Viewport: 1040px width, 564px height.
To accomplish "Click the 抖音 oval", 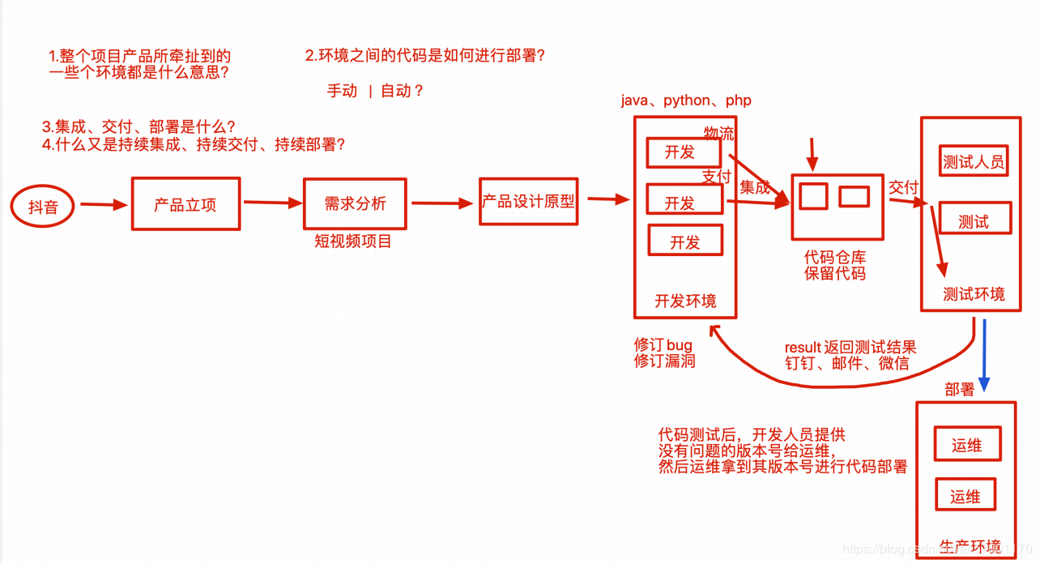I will (43, 207).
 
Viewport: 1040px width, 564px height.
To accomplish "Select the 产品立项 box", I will (185, 204).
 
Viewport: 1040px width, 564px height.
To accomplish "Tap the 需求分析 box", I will (355, 203).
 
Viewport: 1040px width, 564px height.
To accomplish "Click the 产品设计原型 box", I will (528, 200).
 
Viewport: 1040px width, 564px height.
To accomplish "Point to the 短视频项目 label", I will (352, 241).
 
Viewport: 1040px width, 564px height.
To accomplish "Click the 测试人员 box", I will (973, 161).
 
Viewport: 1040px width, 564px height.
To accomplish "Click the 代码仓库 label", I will (835, 257).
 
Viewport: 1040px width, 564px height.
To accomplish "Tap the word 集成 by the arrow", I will (755, 187).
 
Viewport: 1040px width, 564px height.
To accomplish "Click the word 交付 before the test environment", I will (903, 188).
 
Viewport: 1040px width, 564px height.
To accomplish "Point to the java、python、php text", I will (686, 100).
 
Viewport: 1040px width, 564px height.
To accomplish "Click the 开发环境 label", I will (685, 301).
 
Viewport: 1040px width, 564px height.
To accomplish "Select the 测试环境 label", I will (974, 294).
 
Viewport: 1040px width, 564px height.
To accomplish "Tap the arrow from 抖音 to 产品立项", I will (104, 205).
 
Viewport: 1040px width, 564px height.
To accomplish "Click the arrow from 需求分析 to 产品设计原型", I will (442, 203).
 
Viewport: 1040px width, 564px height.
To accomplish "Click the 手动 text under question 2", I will (342, 91).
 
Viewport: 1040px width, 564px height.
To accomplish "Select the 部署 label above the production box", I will (959, 390).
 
